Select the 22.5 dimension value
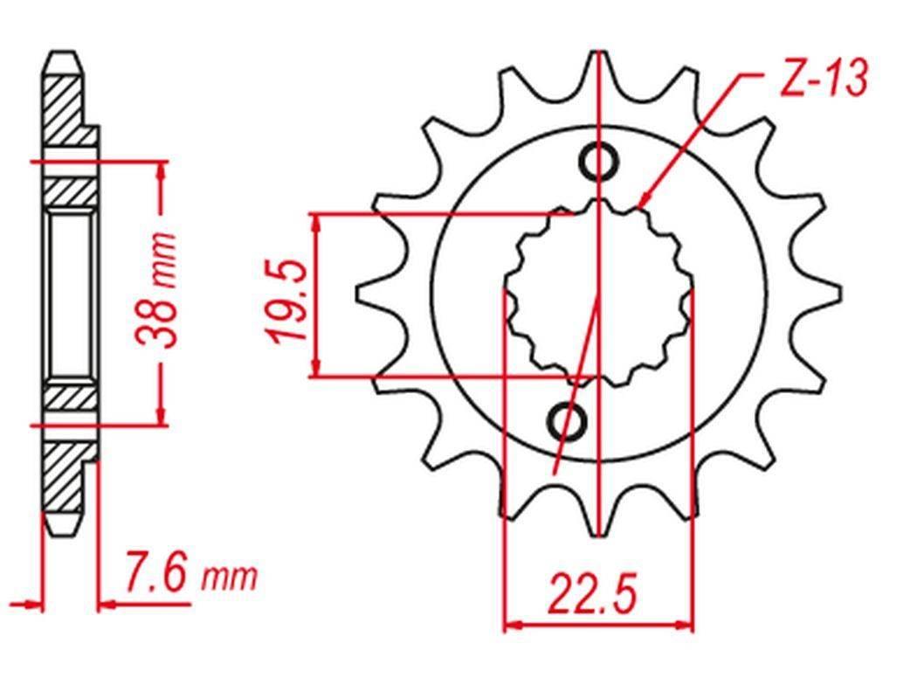coord(593,595)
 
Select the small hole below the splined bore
coord(565,422)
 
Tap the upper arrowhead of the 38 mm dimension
coord(160,170)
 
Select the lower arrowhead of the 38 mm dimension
coord(160,417)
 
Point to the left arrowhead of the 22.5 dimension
coord(512,626)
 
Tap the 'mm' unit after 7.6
coord(230,578)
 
